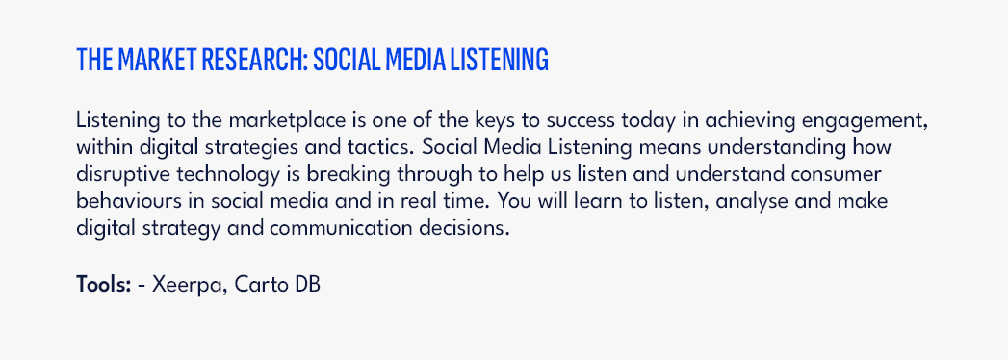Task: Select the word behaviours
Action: pos(121,201)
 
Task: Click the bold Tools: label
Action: pos(104,284)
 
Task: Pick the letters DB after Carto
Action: pos(308,284)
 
